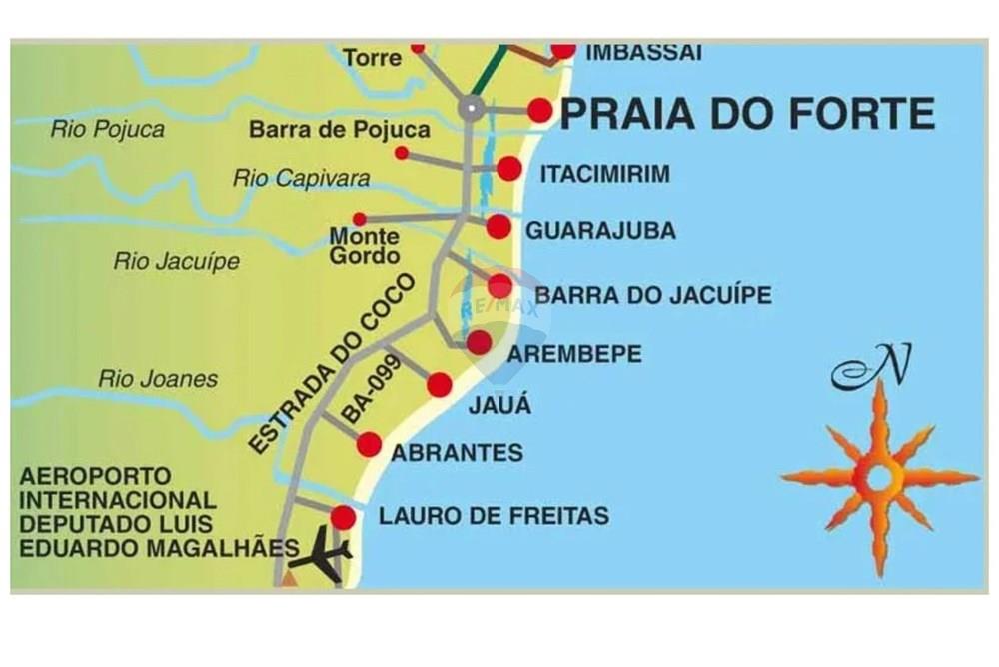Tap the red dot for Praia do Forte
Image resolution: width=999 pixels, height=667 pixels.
(x=540, y=110)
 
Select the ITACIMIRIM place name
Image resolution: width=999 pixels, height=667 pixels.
(x=605, y=174)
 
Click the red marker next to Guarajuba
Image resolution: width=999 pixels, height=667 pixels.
(x=499, y=227)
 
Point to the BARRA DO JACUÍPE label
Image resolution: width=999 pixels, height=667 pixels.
(x=653, y=295)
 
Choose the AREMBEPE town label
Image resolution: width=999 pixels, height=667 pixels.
(x=575, y=354)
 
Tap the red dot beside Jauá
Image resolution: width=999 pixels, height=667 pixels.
(x=440, y=385)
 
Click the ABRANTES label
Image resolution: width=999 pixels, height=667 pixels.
(x=458, y=453)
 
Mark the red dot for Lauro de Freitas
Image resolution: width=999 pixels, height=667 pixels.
(x=343, y=517)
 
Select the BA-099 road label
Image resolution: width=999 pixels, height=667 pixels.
(x=371, y=389)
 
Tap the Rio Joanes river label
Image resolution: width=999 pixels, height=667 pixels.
(x=158, y=379)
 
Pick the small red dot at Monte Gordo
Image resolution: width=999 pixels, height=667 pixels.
(x=359, y=219)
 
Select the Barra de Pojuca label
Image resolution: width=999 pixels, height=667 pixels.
(x=340, y=130)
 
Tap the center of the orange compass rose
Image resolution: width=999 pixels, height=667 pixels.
(x=878, y=477)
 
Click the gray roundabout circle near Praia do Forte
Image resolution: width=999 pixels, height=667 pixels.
(x=472, y=108)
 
